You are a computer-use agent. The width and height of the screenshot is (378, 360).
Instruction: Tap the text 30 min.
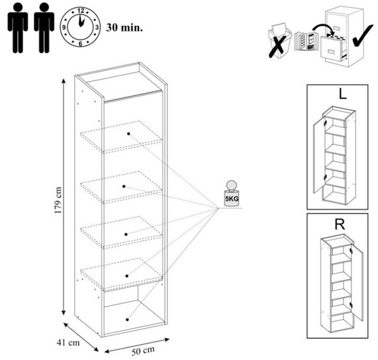125,27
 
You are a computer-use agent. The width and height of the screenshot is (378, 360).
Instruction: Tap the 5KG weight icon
231,193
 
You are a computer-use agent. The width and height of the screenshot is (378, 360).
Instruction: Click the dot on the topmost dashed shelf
128,134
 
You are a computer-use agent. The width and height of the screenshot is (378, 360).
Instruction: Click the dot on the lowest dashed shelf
127,274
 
